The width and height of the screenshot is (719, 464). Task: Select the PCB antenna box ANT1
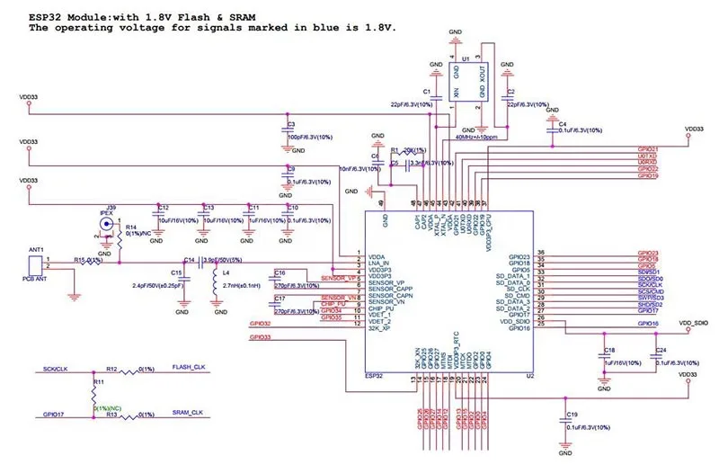click(x=35, y=265)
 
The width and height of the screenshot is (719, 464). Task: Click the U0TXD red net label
click(x=647, y=156)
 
